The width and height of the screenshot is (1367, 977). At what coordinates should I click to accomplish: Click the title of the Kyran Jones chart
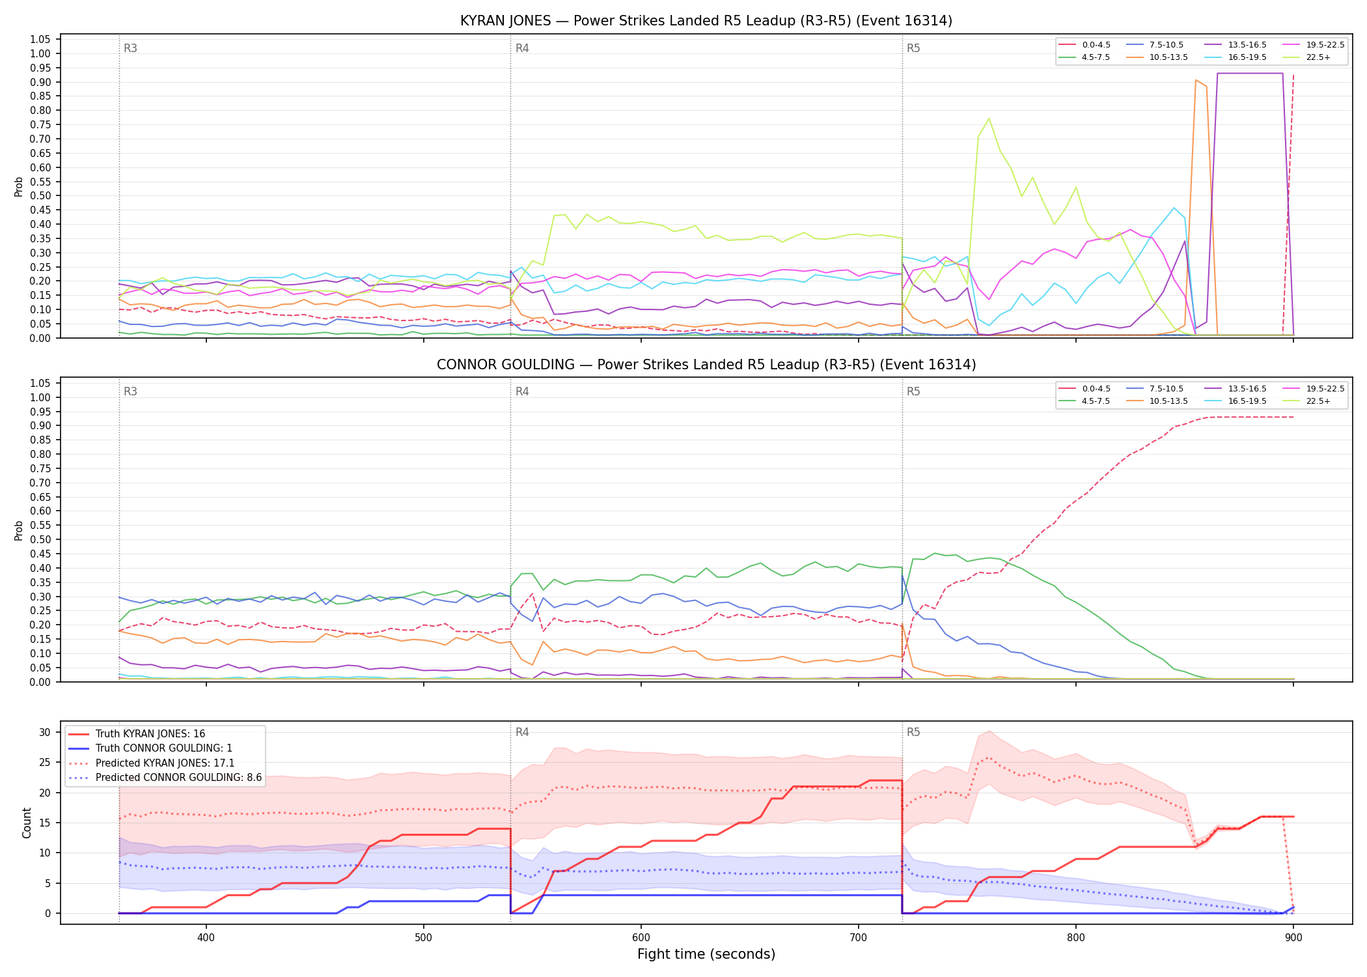(706, 21)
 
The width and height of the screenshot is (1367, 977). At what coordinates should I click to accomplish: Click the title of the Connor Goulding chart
(706, 365)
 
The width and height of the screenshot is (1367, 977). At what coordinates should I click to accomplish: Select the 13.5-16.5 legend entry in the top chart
(1236, 45)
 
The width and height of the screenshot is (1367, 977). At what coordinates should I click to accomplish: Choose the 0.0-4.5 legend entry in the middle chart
(1084, 389)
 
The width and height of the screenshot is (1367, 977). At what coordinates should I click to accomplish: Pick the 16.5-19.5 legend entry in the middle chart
(1236, 401)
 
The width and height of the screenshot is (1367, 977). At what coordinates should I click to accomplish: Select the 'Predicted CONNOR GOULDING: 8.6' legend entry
(165, 778)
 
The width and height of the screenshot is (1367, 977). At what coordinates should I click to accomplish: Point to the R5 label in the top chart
(913, 48)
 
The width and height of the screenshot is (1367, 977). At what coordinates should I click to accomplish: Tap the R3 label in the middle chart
(130, 391)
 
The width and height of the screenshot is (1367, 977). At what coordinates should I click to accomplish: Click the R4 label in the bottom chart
(522, 732)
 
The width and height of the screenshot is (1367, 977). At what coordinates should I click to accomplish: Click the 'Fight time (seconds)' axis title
(706, 954)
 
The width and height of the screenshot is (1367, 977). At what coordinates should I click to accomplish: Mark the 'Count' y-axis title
(27, 823)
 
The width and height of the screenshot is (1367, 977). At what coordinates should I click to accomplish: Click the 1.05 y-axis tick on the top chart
(40, 40)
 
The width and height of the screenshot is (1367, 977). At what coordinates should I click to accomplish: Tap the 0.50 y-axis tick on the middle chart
(40, 539)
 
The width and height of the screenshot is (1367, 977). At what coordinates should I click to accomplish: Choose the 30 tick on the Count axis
(45, 732)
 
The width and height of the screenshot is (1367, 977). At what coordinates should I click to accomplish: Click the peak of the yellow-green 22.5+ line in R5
(989, 118)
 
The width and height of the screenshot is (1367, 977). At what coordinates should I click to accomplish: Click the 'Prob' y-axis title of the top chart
(19, 186)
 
